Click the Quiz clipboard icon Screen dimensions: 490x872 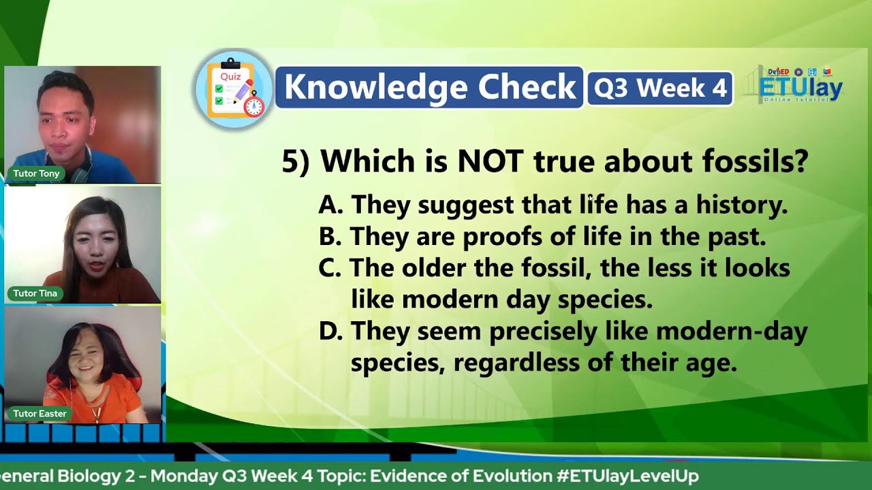click(x=234, y=89)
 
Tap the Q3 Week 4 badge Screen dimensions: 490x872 click(x=659, y=88)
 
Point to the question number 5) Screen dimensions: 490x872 click(x=296, y=162)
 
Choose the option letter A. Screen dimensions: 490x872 click(x=330, y=205)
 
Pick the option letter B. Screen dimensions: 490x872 click(x=330, y=237)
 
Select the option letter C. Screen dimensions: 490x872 click(x=330, y=268)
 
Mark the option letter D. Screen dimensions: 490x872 click(x=330, y=331)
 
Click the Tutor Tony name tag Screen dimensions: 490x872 click(x=37, y=174)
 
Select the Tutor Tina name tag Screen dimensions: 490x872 click(x=35, y=293)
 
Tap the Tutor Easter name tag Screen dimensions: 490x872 click(x=40, y=413)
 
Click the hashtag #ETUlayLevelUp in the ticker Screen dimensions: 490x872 click(x=627, y=476)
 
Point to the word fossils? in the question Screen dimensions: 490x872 click(x=755, y=162)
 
